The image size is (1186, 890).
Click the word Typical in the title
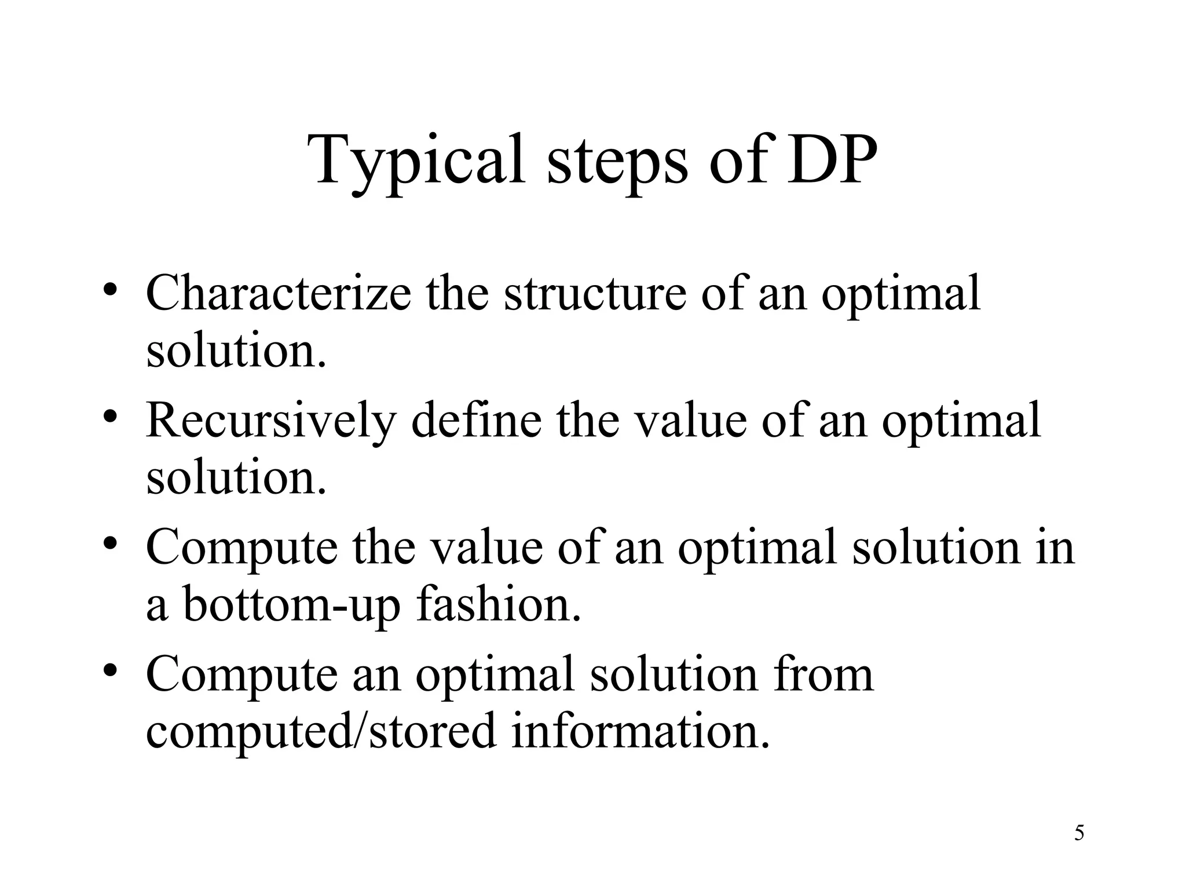(x=415, y=161)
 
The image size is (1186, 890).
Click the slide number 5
(x=1079, y=833)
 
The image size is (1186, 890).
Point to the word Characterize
(x=279, y=293)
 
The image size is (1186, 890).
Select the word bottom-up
(x=292, y=605)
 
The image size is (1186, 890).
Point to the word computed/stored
(x=321, y=731)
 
